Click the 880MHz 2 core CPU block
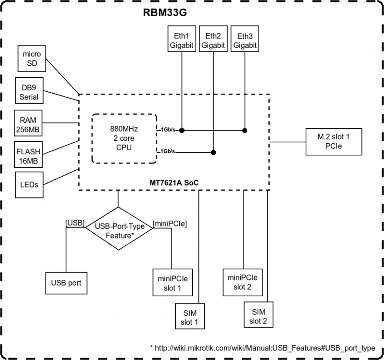click(125, 138)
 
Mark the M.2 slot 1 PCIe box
click(334, 142)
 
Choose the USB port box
click(66, 283)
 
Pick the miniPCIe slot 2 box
click(243, 282)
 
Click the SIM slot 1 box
click(190, 316)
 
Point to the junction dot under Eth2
click(213, 152)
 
